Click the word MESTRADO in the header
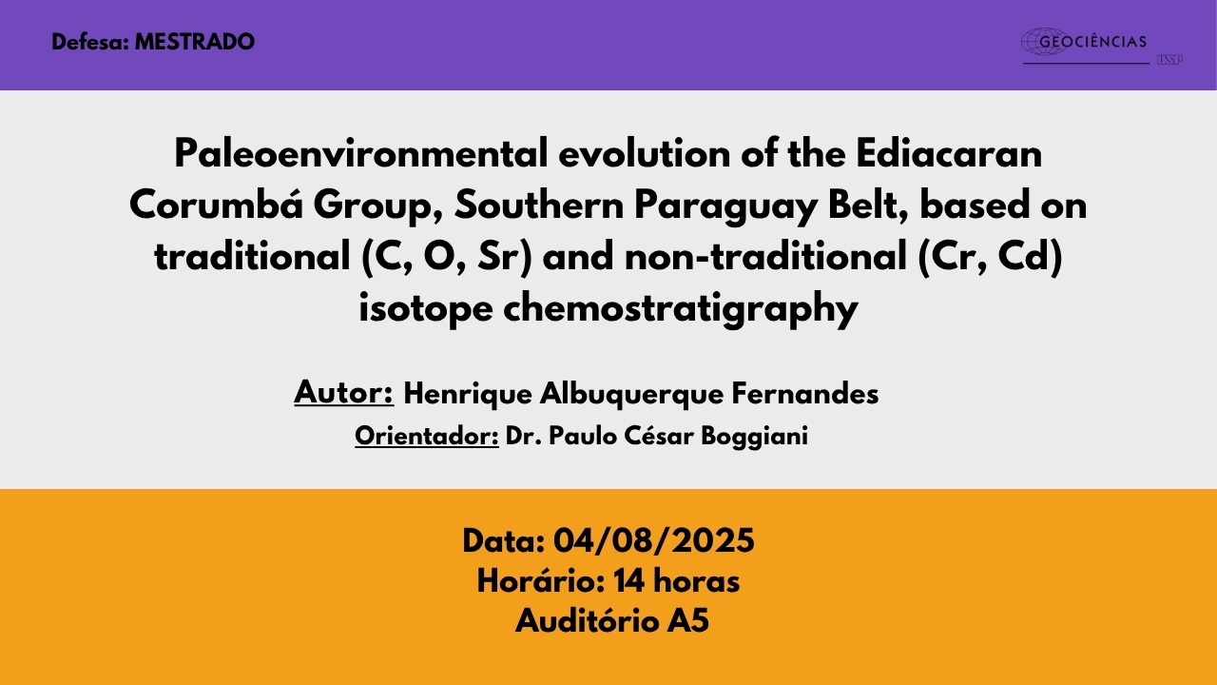coord(195,42)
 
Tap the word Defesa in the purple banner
coord(89,42)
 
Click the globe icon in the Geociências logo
coord(1044,41)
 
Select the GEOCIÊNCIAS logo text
coord(1092,41)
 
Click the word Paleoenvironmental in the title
coord(360,154)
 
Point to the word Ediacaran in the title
coord(949,154)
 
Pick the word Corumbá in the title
coord(216,205)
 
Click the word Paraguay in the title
coord(725,206)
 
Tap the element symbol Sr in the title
coord(497,257)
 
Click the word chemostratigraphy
coord(680,309)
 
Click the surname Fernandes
coord(804,393)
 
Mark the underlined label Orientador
coord(427,436)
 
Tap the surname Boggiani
coord(754,437)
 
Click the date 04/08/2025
coord(653,541)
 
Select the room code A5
coord(688,621)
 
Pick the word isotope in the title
coord(425,310)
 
